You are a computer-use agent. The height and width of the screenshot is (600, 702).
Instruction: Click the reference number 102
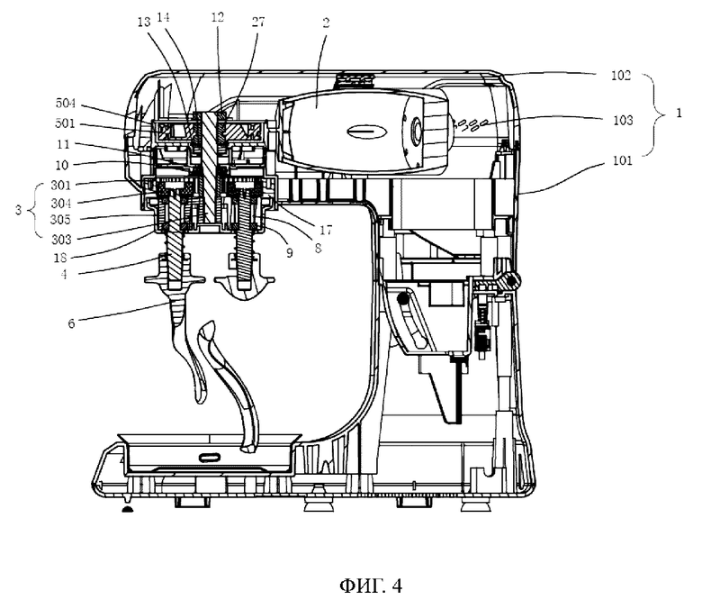(621, 76)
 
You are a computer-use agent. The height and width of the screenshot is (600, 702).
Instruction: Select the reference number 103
(623, 120)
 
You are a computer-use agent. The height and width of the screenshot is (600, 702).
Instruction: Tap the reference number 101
(622, 160)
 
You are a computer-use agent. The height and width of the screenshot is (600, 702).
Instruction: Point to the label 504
(66, 104)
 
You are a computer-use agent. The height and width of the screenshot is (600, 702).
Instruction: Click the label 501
(65, 123)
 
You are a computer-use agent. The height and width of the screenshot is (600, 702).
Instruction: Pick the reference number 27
(258, 22)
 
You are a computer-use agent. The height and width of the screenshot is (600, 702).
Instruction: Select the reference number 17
(326, 231)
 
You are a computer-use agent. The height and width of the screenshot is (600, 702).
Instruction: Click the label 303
(62, 240)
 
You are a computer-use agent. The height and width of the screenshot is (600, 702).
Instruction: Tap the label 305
(61, 220)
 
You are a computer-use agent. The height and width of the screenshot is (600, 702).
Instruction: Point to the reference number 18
(61, 258)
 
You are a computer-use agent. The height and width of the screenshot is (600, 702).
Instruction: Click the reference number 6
(71, 323)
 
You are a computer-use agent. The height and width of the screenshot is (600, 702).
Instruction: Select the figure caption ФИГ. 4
(371, 586)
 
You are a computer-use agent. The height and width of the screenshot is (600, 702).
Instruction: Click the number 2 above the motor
(326, 23)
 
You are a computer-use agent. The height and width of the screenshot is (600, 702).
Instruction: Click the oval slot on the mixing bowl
(209, 457)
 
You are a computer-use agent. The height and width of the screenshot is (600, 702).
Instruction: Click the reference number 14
(164, 18)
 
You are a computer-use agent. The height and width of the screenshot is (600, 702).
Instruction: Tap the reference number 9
(290, 253)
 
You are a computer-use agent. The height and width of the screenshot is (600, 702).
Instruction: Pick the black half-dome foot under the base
(128, 509)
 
